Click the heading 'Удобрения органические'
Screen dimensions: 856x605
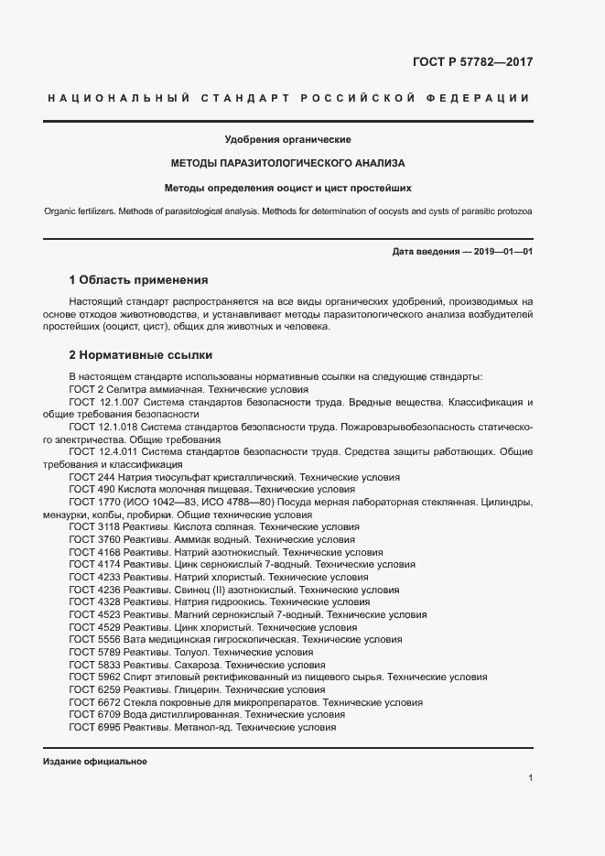[x=287, y=139]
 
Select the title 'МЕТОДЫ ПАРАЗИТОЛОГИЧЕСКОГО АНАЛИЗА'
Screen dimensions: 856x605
[x=287, y=164]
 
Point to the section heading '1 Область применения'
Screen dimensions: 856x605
[x=139, y=278]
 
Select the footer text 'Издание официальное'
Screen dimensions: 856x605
[x=95, y=762]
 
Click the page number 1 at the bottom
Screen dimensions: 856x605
[x=531, y=778]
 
